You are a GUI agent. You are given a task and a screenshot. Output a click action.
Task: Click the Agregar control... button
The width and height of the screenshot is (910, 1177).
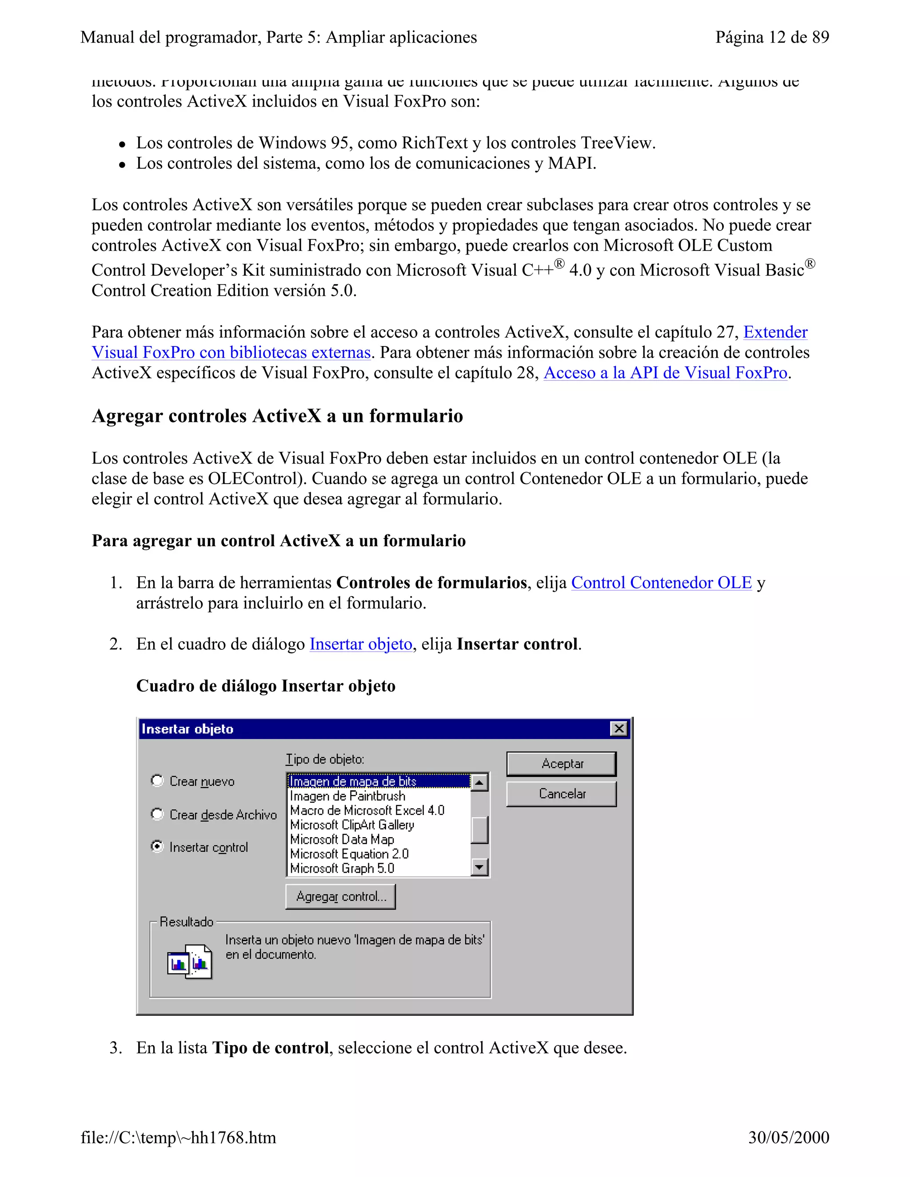(340, 896)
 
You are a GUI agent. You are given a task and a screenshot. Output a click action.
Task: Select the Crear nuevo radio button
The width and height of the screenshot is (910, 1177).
(157, 780)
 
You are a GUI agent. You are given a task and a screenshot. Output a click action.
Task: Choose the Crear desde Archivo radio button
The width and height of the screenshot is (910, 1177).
(157, 814)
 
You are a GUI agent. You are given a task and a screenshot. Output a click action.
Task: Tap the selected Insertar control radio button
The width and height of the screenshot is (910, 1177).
(157, 847)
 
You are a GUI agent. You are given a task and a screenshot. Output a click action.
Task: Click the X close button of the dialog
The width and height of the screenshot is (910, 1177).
(619, 728)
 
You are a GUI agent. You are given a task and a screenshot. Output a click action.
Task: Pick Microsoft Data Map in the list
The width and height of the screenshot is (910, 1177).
(342, 839)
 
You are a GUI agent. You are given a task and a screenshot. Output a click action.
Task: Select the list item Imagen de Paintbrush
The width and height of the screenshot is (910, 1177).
(347, 796)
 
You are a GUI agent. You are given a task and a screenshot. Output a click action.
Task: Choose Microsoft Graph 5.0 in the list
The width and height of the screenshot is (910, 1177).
(342, 868)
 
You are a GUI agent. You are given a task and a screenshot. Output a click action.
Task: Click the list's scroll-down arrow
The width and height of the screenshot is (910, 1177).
(479, 867)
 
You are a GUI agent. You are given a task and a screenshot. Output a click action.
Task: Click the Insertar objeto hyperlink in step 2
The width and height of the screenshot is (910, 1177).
(361, 644)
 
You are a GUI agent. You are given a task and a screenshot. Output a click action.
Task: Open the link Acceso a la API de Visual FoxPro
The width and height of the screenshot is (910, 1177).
(665, 373)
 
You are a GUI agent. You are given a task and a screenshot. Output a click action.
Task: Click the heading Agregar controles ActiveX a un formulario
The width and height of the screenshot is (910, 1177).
(277, 416)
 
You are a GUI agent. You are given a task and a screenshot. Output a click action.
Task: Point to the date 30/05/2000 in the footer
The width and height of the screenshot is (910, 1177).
(788, 1137)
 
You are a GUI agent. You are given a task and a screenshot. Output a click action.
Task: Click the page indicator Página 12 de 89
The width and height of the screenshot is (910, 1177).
(772, 37)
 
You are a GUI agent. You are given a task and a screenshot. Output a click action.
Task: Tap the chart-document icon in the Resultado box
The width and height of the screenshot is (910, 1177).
(189, 962)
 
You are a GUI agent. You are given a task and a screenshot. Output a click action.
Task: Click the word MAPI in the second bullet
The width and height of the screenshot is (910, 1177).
(571, 163)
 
